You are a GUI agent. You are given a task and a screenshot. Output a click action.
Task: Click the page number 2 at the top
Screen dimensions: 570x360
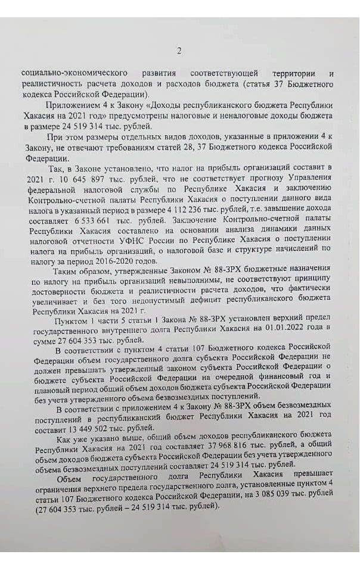(x=179, y=51)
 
